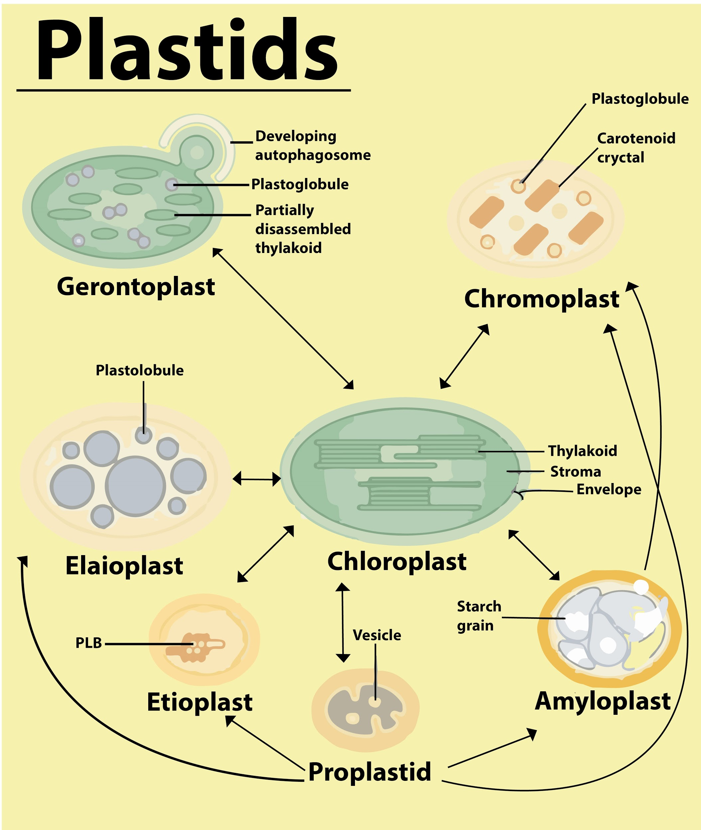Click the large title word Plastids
[x=187, y=49]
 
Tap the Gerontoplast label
[x=136, y=287]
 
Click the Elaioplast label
[x=124, y=566]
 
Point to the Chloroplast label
[x=397, y=562]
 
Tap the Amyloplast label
[x=602, y=701]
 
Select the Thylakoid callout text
[x=582, y=451]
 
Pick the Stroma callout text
[x=575, y=471]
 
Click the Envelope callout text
[x=608, y=489]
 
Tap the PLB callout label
[x=89, y=643]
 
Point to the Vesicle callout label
[x=377, y=635]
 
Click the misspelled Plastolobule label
[x=140, y=370]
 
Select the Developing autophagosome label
[x=312, y=145]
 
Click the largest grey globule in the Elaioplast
[x=135, y=486]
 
